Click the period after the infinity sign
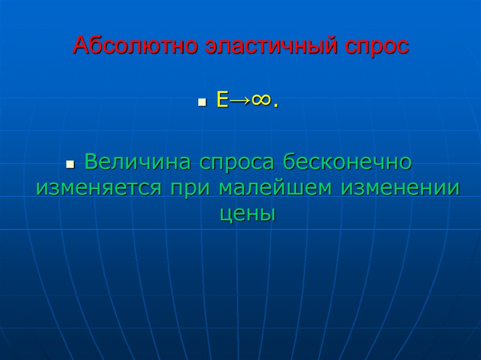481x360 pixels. pyautogui.click(x=275, y=106)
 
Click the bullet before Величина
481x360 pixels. pyautogui.click(x=70, y=166)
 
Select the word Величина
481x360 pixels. pyautogui.click(x=137, y=163)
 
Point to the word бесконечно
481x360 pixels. pyautogui.click(x=347, y=163)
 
